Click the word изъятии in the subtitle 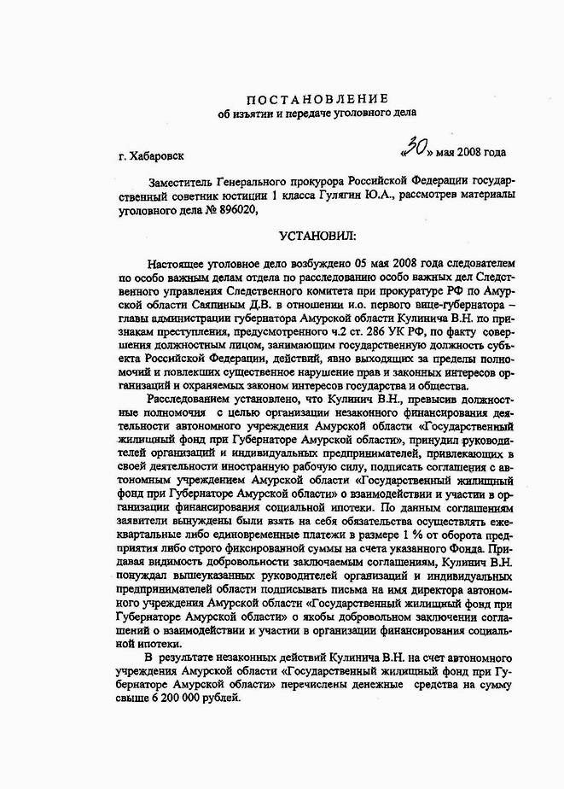(x=253, y=114)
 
